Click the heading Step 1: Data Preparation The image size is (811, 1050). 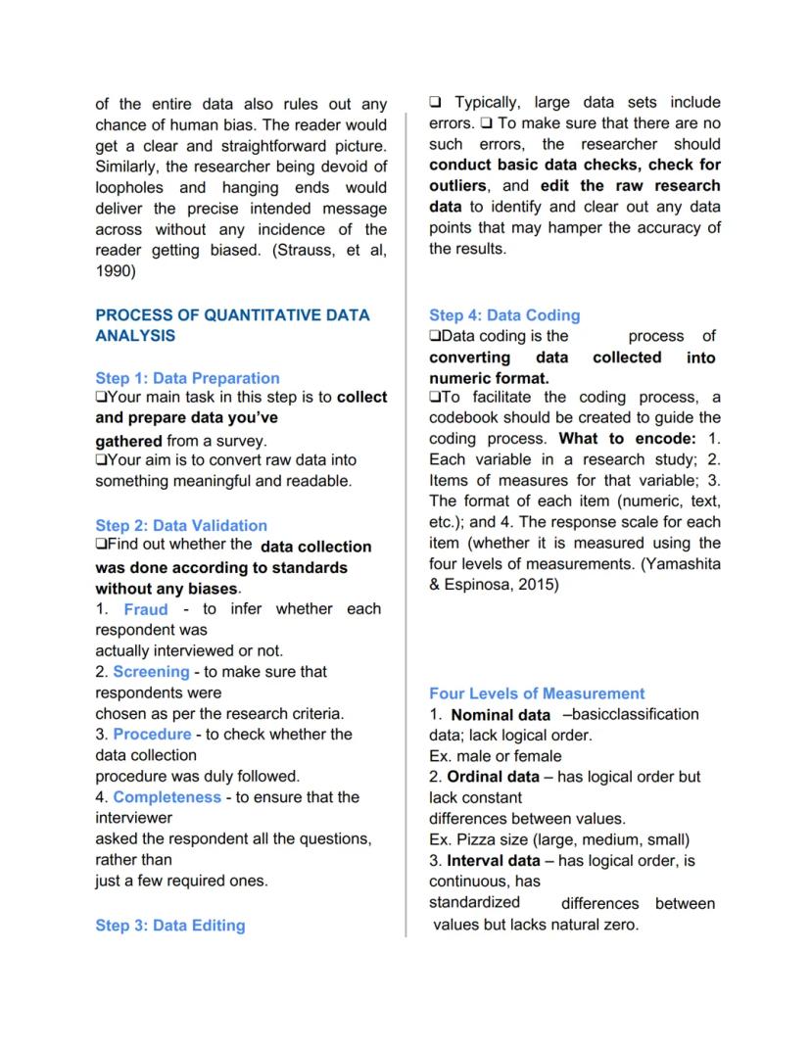pyautogui.click(x=187, y=378)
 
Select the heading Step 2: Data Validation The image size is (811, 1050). pyautogui.click(x=181, y=525)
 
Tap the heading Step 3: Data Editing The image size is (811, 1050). pyautogui.click(x=170, y=926)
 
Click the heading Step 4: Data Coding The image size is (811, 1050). pyautogui.click(x=504, y=315)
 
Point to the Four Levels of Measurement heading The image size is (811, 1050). pyautogui.click(x=537, y=693)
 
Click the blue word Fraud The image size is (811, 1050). pyautogui.click(x=146, y=609)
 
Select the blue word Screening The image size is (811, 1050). pyautogui.click(x=151, y=672)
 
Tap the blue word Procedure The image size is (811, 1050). pyautogui.click(x=152, y=734)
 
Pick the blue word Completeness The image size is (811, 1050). pyautogui.click(x=167, y=797)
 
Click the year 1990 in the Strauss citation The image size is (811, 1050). pyautogui.click(x=116, y=271)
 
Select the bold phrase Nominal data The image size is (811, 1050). pyautogui.click(x=501, y=715)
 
